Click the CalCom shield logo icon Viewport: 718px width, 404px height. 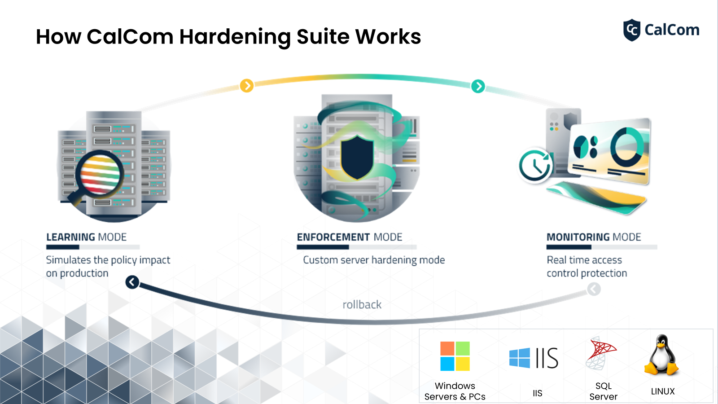point(632,30)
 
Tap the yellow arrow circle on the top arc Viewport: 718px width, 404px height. point(247,85)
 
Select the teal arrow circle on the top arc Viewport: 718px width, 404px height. point(478,86)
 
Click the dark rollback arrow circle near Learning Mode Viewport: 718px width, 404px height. point(132,282)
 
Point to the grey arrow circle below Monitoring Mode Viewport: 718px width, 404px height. point(594,290)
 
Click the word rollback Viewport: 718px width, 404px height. point(362,305)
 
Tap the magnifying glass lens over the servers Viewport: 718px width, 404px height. point(100,174)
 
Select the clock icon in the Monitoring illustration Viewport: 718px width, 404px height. point(535,166)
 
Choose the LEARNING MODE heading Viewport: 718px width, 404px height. point(86,237)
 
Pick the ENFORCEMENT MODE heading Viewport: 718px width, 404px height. point(350,237)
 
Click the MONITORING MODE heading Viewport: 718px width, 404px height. point(594,237)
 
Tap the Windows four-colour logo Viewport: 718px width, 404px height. point(455,356)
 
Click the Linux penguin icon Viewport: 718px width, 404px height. point(661,355)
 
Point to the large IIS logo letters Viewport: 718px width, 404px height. point(547,358)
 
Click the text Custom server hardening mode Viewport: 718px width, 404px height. point(374,260)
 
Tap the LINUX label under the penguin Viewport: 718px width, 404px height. point(663,391)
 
